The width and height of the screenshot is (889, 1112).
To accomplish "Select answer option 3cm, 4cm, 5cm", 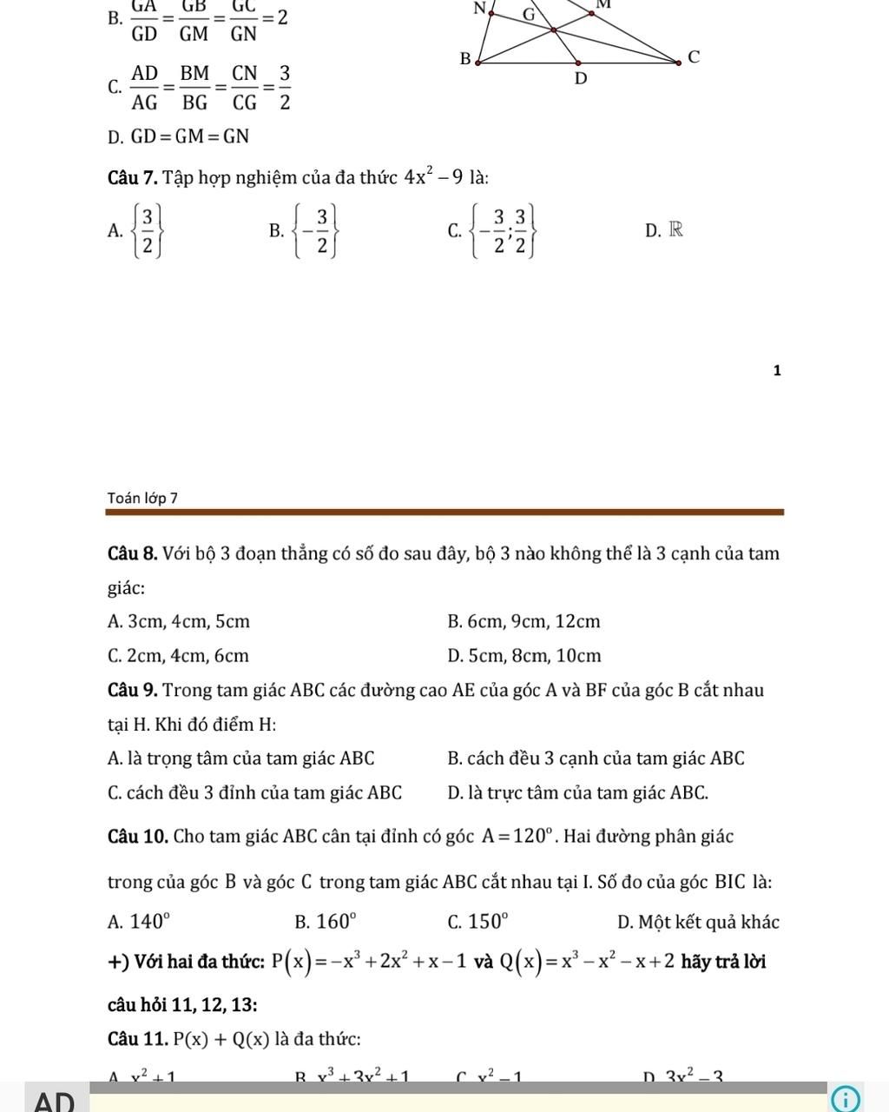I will (179, 622).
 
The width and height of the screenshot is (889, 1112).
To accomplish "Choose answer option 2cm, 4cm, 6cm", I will (178, 656).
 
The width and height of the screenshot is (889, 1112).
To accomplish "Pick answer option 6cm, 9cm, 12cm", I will (524, 622).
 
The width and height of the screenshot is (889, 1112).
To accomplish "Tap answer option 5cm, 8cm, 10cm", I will (524, 656).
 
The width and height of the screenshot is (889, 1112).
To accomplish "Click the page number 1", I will (777, 371).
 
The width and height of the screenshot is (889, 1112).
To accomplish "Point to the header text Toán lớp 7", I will (142, 498).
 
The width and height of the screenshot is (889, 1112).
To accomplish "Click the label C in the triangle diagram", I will (693, 57).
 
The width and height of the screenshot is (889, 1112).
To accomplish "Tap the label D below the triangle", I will (582, 79).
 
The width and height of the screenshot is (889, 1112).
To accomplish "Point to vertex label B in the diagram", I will (464, 59).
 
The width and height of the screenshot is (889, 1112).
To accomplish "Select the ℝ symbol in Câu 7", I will (675, 230).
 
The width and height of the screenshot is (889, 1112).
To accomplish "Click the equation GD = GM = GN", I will (179, 136).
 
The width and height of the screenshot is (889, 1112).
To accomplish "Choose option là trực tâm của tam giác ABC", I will (578, 792).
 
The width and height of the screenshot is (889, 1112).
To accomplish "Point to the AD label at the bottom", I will (54, 1101).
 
